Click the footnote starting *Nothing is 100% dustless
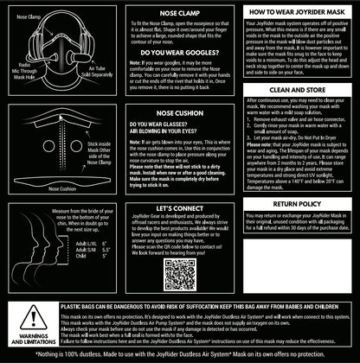180,354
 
